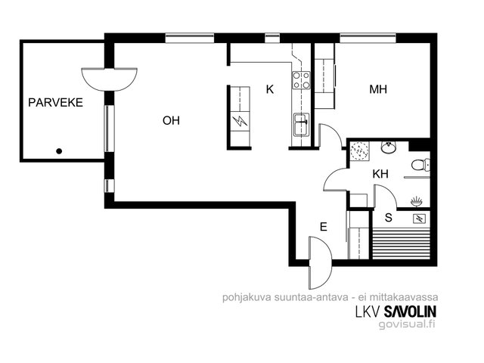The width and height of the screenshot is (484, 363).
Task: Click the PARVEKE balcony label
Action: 55,103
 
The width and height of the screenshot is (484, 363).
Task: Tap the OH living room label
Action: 171,120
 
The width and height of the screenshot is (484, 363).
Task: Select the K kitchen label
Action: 270,89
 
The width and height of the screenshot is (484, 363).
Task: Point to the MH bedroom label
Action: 378,89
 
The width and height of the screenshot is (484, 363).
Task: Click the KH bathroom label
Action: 380,174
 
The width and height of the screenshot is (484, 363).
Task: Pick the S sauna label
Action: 388,218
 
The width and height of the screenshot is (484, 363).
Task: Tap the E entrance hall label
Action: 323,227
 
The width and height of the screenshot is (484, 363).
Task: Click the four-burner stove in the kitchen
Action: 301,80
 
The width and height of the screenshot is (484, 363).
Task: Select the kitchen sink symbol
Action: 301,124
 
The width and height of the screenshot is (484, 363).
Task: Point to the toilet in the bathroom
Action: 420,165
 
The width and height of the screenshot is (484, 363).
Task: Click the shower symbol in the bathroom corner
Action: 360,150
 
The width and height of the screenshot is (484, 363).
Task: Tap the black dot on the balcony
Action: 59,151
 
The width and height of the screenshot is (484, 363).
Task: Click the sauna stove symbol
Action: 420,219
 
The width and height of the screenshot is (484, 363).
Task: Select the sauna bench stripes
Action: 402,243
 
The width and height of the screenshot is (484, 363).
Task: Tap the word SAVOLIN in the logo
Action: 410,312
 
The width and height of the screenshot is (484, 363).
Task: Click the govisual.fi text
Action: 407,324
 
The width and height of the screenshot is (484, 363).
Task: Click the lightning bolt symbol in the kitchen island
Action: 240,121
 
